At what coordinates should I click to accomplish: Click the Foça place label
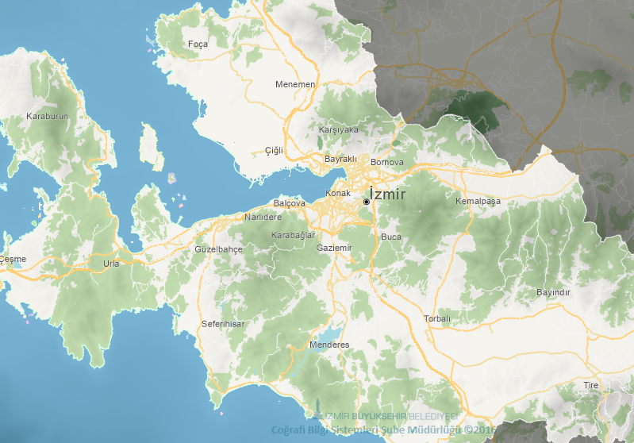[x=198, y=44]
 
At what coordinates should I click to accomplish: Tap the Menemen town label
[x=295, y=84]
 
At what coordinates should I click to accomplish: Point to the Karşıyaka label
[x=339, y=129]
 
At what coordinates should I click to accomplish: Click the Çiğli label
[x=274, y=151]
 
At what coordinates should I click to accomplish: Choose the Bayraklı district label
[x=342, y=159]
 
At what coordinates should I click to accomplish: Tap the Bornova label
[x=387, y=162]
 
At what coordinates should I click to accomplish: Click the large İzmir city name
[x=388, y=194]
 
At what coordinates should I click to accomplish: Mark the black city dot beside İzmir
[x=367, y=202]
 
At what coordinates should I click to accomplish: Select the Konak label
[x=338, y=194]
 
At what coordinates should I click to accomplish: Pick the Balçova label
[x=290, y=203]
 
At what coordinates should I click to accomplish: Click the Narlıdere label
[x=263, y=217]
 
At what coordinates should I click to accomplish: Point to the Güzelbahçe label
[x=218, y=249]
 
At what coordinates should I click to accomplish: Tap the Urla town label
[x=111, y=264]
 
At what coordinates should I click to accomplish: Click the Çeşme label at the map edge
[x=13, y=259]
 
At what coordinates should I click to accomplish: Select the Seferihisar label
[x=223, y=324]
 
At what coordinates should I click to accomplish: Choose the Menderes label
[x=329, y=345]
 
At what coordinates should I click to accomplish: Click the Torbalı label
[x=436, y=318]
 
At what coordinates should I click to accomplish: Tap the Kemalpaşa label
[x=478, y=202]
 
